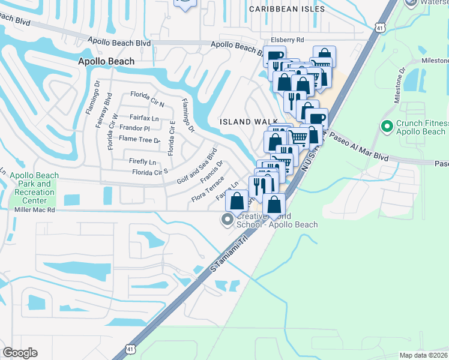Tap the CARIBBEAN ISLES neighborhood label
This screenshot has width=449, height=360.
pos(287,9)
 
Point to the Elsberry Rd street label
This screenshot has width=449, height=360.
pos(288,40)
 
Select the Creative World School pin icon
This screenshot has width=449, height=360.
pos(226,220)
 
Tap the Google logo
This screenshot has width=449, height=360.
pos(20,353)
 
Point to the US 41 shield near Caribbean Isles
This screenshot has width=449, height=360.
pos(379,27)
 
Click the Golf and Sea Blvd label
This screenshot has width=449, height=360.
pos(196,166)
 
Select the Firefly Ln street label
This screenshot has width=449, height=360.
pos(142,162)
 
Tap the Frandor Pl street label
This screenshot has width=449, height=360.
pos(134,128)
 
